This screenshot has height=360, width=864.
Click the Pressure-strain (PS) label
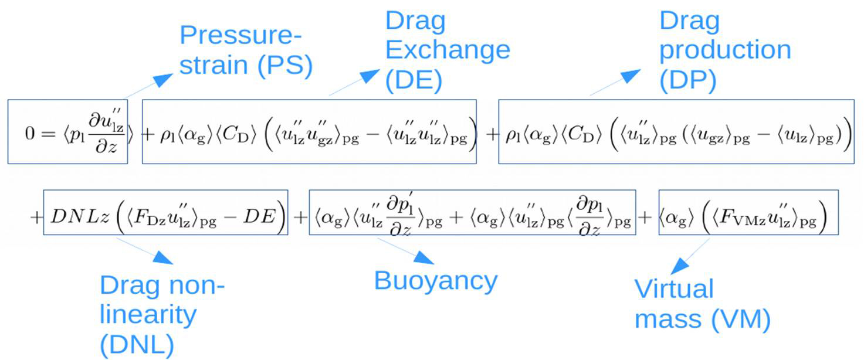245,51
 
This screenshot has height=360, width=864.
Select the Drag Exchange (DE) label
447,51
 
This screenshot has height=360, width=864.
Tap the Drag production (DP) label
724,51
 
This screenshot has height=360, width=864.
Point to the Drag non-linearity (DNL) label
162,315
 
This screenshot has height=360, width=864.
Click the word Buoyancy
435,281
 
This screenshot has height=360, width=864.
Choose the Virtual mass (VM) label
702,304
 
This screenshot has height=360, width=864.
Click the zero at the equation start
29,134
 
